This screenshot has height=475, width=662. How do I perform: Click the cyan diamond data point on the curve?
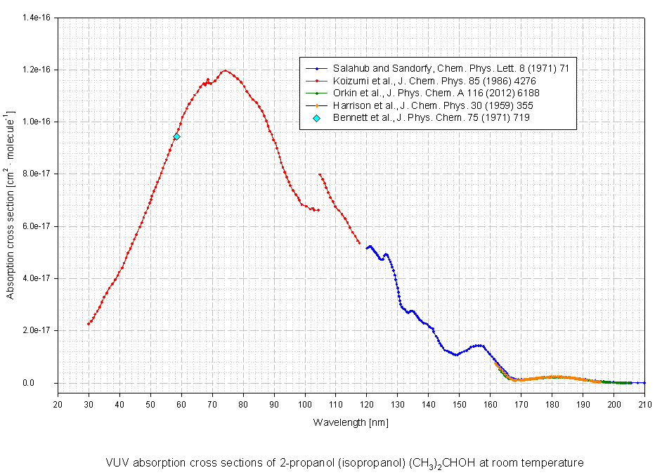click(176, 136)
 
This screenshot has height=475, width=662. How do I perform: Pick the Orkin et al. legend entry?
click(436, 93)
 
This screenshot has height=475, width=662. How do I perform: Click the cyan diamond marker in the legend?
click(317, 117)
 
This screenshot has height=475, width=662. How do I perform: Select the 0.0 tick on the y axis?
click(44, 383)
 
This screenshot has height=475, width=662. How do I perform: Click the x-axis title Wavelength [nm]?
click(351, 422)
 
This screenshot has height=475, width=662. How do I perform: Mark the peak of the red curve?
click(224, 71)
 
